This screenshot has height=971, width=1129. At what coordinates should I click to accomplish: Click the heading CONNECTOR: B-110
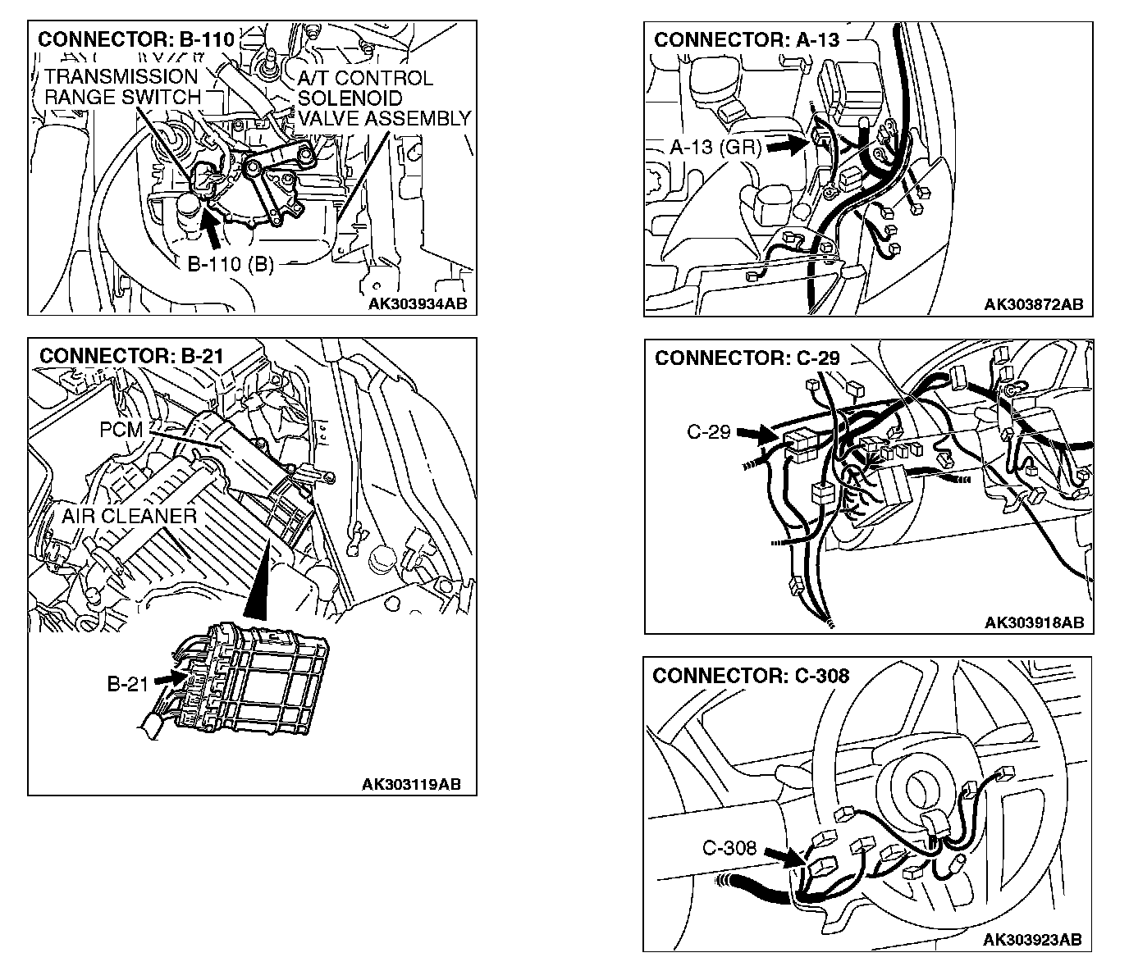(x=136, y=39)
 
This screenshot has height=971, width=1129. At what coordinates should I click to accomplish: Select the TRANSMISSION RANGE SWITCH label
(x=121, y=87)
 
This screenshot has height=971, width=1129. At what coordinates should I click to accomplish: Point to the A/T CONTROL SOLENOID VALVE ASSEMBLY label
(x=383, y=98)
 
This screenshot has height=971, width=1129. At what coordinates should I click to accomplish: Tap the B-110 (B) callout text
(x=231, y=264)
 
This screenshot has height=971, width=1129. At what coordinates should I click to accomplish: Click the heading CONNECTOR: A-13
(x=747, y=39)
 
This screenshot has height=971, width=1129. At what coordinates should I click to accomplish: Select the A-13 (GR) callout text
(x=715, y=148)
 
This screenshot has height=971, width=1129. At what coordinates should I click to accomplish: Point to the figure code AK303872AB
(x=1034, y=304)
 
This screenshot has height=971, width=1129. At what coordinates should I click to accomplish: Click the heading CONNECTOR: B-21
(x=131, y=356)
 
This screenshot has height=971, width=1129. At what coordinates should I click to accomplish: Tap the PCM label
(x=121, y=429)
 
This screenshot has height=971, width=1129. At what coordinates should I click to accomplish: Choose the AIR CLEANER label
(x=129, y=516)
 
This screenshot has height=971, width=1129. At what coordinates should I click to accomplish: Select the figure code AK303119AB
(x=411, y=784)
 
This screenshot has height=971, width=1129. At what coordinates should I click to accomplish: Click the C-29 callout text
(x=708, y=431)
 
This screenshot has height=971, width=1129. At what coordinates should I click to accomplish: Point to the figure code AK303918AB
(x=1034, y=622)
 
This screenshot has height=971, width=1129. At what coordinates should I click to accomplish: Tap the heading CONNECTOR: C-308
(x=751, y=676)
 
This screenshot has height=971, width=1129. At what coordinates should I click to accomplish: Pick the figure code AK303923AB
(x=1031, y=939)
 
